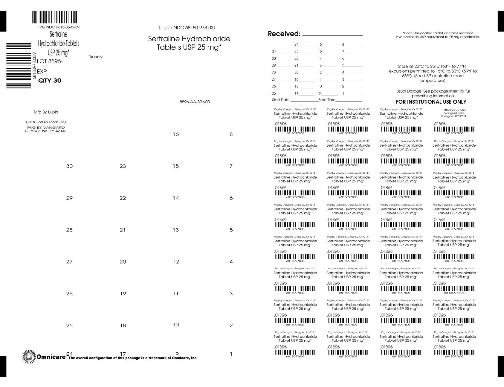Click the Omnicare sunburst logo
29,357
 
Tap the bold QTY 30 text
50,81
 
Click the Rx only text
95,57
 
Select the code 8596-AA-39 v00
195,102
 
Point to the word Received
284,34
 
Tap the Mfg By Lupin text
46,112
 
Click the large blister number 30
69,166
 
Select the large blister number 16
176,134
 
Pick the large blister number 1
231,354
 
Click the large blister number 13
176,230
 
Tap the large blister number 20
123,262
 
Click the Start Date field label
281,100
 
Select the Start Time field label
327,100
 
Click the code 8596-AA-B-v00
455,110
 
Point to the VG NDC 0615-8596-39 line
59,27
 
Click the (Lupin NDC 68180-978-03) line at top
187,28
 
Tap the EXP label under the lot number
42,72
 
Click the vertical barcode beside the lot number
19,66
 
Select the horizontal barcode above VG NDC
54,17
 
